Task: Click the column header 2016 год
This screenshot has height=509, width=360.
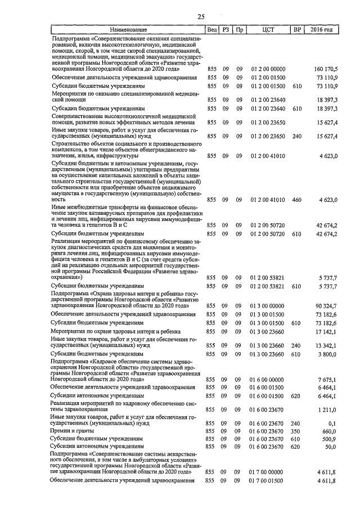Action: [322, 29]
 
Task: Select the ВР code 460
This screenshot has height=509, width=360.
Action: [297, 199]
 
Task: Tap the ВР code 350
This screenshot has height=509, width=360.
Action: [297, 431]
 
